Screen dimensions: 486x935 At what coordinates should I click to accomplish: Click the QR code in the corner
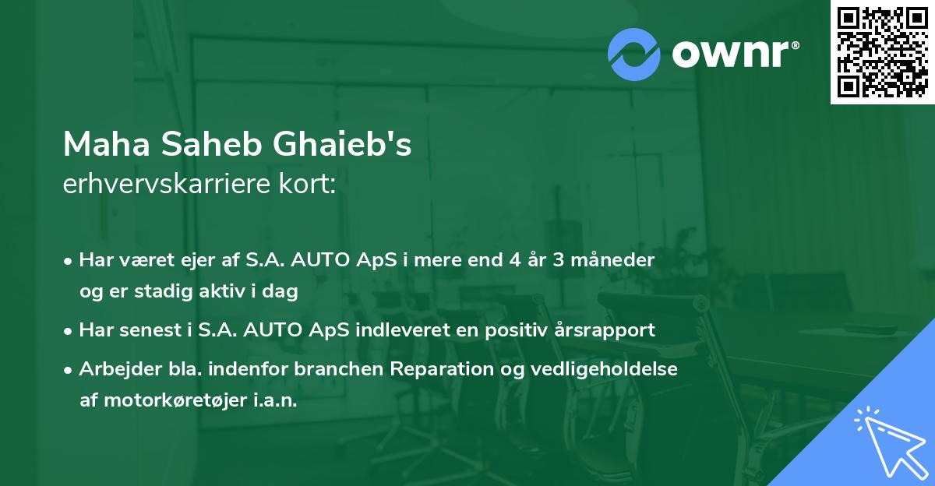[x=882, y=51]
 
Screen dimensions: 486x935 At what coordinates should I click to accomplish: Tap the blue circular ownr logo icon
[x=634, y=55]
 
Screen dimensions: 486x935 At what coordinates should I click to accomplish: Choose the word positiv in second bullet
[x=510, y=329]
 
